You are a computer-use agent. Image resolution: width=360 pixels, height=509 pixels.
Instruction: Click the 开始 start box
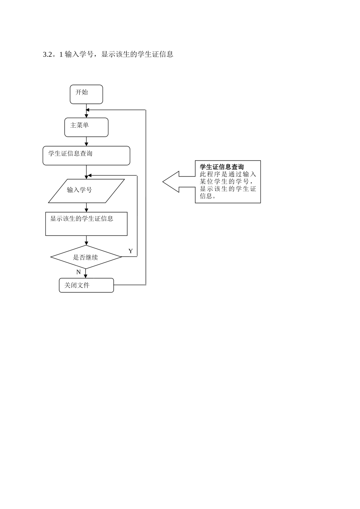tap(86, 94)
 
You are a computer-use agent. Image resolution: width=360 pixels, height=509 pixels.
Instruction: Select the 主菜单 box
tap(86, 127)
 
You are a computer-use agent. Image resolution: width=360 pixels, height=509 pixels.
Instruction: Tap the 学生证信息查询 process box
tap(86, 156)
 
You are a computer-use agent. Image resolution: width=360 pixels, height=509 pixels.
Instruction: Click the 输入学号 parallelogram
tap(86, 191)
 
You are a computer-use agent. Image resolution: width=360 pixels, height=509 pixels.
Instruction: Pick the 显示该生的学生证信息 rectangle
tap(86, 224)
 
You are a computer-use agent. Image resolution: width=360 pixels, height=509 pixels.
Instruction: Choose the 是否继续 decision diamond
tap(86, 257)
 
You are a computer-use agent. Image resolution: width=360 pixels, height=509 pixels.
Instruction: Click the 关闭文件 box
tap(86, 285)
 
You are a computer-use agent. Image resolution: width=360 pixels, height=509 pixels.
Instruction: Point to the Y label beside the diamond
tap(130, 251)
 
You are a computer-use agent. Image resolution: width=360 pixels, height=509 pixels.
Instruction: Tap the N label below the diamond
tap(78, 272)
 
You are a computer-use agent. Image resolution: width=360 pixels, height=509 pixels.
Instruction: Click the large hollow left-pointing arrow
tap(178, 182)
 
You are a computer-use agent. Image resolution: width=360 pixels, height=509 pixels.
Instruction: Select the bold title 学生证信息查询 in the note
tap(222, 167)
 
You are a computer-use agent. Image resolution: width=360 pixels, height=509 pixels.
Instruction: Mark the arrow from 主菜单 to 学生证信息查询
tap(87, 142)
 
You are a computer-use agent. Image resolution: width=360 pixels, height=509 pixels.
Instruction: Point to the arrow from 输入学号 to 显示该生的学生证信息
tap(87, 208)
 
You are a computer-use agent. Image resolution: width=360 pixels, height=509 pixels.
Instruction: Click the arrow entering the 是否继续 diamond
tap(87, 241)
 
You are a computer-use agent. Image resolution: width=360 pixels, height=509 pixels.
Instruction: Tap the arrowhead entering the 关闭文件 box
tap(86, 276)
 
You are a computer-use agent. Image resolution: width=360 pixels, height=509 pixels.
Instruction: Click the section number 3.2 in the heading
tap(47, 54)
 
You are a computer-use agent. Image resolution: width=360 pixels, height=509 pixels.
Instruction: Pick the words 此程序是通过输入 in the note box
tap(228, 174)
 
